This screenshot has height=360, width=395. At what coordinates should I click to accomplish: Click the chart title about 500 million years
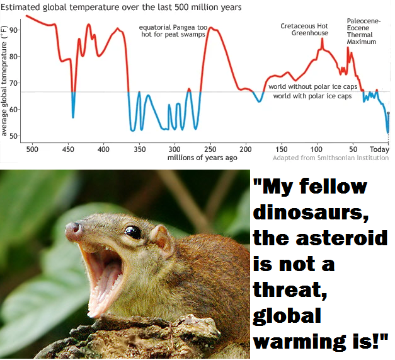(121, 7)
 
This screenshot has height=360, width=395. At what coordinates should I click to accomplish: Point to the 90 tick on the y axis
(13, 30)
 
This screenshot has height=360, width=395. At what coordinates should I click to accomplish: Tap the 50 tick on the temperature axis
(13, 136)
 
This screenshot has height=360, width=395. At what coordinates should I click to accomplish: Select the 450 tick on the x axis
(68, 149)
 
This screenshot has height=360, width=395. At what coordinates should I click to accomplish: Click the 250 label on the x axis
(210, 149)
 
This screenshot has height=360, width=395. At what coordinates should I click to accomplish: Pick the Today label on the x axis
(379, 149)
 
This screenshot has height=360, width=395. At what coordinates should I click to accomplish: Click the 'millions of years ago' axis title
(202, 158)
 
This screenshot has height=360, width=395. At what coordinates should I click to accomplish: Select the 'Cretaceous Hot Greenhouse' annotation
(304, 30)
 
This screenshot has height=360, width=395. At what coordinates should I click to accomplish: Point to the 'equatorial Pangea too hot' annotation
(173, 31)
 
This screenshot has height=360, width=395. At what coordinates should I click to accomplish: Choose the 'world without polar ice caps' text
(312, 87)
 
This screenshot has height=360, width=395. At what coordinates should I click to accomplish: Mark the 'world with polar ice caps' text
(312, 96)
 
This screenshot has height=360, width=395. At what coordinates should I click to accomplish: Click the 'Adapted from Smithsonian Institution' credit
(331, 158)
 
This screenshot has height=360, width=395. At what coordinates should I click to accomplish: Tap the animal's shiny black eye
(133, 232)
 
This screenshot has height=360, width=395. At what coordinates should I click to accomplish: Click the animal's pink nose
(74, 230)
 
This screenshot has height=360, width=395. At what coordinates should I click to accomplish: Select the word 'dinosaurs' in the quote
(311, 212)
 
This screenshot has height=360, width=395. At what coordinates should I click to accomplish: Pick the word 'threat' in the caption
(290, 289)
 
